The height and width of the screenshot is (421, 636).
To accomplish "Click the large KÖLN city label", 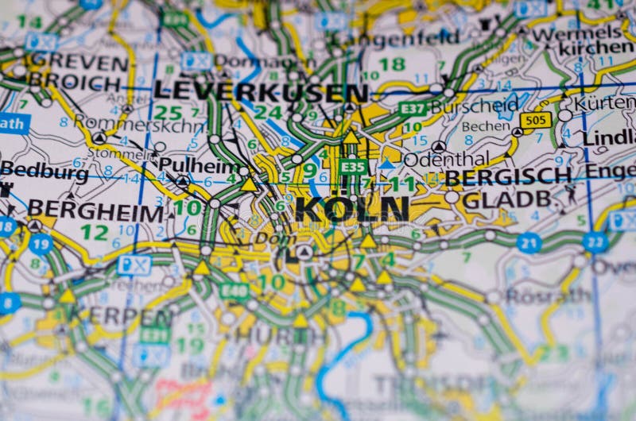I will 351,209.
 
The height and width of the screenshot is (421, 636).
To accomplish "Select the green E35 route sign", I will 353,167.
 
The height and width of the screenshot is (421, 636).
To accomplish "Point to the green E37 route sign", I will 413,109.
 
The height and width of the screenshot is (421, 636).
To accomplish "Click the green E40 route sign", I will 234,291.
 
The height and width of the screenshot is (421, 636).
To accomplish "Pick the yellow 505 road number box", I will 535,120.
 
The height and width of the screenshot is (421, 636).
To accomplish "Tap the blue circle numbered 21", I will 529,242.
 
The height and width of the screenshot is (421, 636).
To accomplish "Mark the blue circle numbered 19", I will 41,243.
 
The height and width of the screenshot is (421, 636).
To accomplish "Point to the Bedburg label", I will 45,171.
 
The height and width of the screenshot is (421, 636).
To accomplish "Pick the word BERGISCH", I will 508,176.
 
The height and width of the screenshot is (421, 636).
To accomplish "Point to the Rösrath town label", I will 548,295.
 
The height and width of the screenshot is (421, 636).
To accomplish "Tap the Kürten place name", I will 605,103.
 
